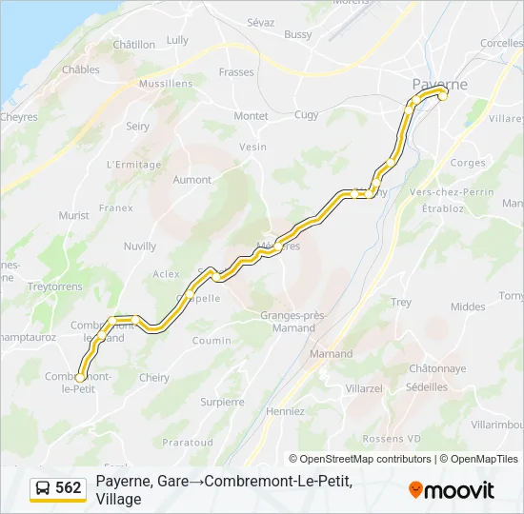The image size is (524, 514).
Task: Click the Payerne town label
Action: click(439, 84)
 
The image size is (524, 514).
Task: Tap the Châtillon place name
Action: click(133, 45)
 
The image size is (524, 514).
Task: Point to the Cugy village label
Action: click(306, 115)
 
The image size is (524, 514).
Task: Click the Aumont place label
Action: click(191, 179)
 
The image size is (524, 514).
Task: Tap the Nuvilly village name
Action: click(139, 246)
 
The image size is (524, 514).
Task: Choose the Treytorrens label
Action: click(56, 286)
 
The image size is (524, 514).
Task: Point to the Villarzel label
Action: click(364, 389)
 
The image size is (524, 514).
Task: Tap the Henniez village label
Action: click(287, 411)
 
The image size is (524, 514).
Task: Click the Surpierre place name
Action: click(222, 402)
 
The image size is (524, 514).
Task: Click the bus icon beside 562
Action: click(44, 488)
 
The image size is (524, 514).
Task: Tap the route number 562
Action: click(69, 488)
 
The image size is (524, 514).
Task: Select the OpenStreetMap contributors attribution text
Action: click(366, 459)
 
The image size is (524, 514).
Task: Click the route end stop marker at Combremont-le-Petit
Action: click(79, 378)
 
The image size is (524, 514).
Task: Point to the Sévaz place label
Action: click(260, 22)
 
